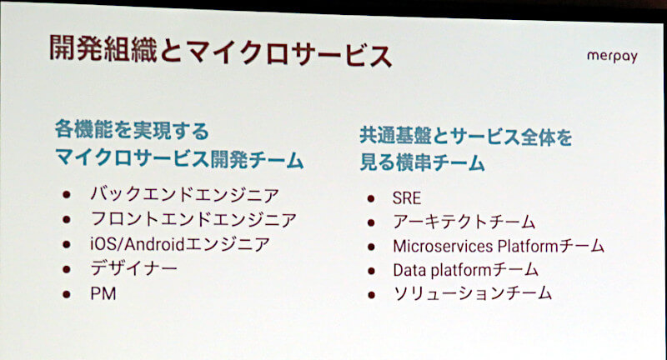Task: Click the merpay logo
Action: (612, 57)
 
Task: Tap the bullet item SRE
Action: (407, 198)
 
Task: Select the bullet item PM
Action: (103, 293)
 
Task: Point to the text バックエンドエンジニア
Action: (184, 194)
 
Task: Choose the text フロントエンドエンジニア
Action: (193, 219)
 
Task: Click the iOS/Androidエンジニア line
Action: (180, 244)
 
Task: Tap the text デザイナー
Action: (133, 268)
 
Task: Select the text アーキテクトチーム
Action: (464, 222)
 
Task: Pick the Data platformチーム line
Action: (465, 270)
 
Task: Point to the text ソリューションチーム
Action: (473, 293)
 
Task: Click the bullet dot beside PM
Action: (67, 294)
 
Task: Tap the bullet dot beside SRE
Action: (371, 198)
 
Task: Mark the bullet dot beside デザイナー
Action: (67, 269)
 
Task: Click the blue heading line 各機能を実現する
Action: (132, 130)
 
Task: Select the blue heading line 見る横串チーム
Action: (422, 162)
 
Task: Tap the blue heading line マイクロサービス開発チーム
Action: (179, 159)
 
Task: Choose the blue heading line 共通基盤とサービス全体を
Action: (466, 137)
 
